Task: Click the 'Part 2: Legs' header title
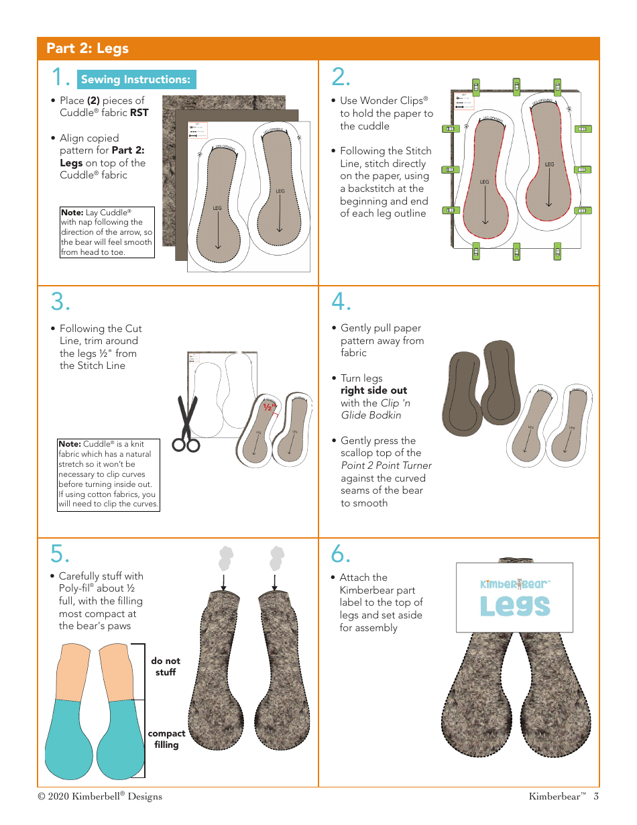pyautogui.click(x=87, y=48)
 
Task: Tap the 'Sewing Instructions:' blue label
pyautogui.click(x=136, y=79)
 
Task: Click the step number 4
pyautogui.click(x=341, y=302)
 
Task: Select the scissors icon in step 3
pyautogui.click(x=186, y=424)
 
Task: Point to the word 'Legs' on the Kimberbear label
pyautogui.click(x=515, y=606)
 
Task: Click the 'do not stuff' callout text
pyautogui.click(x=166, y=666)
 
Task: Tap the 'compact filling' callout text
pyautogui.click(x=166, y=739)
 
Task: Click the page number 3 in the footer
pyautogui.click(x=595, y=796)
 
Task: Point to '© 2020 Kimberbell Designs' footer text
pyautogui.click(x=100, y=796)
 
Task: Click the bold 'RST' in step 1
pyautogui.click(x=139, y=113)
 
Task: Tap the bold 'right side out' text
pyautogui.click(x=373, y=390)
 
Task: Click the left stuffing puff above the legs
pyautogui.click(x=227, y=557)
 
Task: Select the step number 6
pyautogui.click(x=341, y=553)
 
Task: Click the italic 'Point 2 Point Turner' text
pyautogui.click(x=386, y=465)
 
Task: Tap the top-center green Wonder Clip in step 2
pyautogui.click(x=516, y=86)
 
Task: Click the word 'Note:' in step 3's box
pyautogui.click(x=70, y=444)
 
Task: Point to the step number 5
pyautogui.click(x=60, y=553)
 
